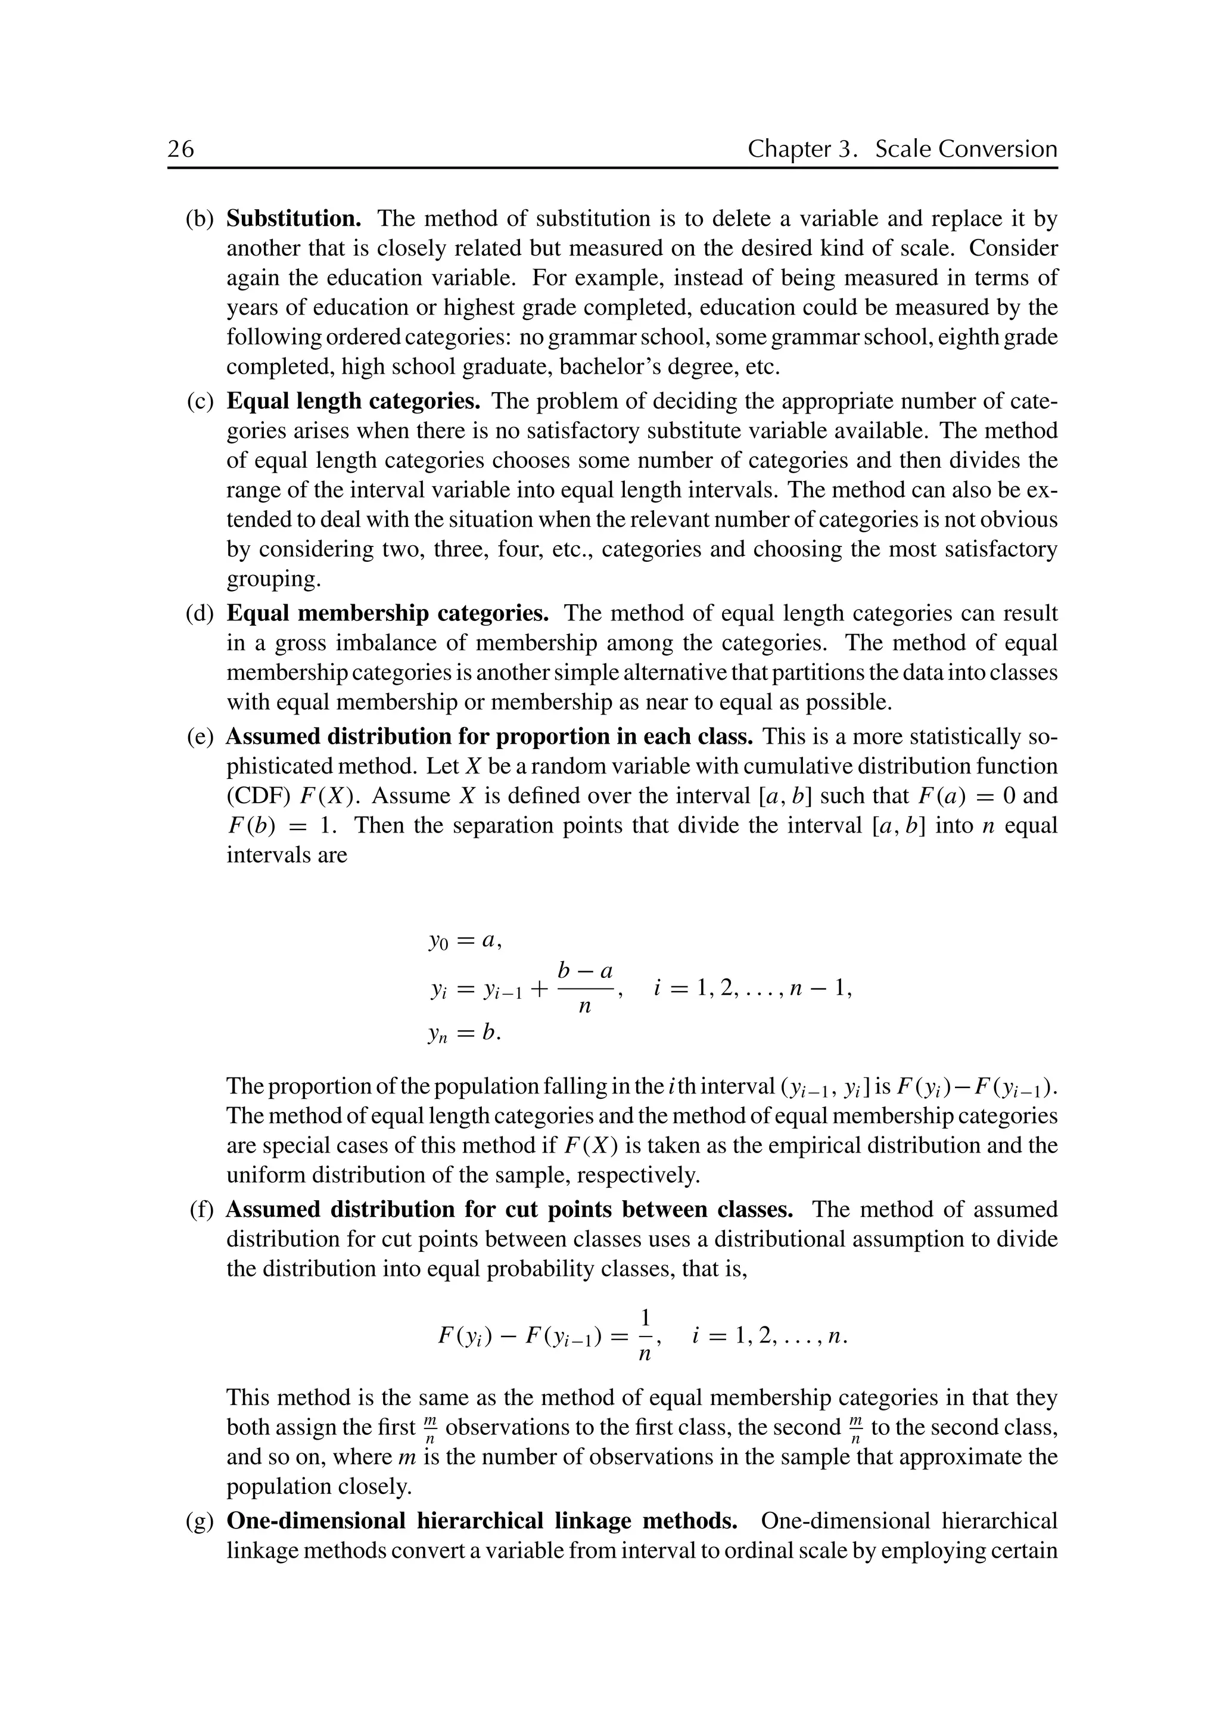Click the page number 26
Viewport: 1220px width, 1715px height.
[180, 149]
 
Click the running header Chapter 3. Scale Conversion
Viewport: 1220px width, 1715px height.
[901, 149]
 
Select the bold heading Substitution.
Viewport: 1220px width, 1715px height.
[294, 219]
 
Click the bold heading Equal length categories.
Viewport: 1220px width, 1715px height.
[353, 401]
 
